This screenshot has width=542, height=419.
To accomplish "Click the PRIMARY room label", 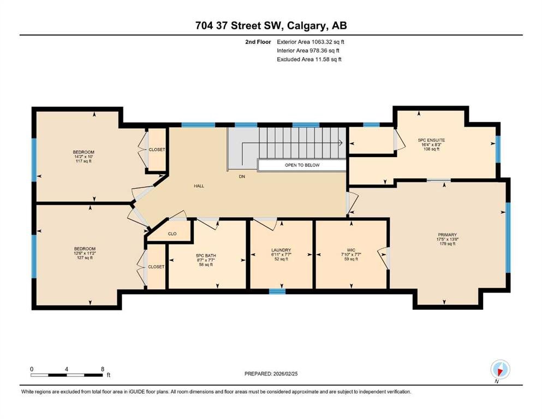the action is click(x=447, y=235).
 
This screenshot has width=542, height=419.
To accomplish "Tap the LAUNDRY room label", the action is click(x=281, y=250).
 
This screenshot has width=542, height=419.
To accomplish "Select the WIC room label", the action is click(x=351, y=250).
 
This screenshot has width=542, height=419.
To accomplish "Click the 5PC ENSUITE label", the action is click(x=431, y=140).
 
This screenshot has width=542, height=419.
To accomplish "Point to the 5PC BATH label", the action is click(x=206, y=256).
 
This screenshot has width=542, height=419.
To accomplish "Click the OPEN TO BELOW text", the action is click(x=302, y=165).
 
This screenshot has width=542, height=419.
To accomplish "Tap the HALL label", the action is click(x=199, y=186).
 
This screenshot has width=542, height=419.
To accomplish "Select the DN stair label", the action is click(x=242, y=177).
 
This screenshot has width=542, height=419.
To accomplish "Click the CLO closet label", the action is click(x=172, y=234).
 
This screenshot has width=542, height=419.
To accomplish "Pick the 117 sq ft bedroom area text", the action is click(x=84, y=161).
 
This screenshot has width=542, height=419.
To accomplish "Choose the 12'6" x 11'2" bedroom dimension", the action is click(x=85, y=253).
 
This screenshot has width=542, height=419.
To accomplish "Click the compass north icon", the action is click(x=500, y=370).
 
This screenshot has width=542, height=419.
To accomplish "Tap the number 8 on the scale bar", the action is click(x=103, y=369).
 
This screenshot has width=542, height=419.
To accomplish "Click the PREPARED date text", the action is click(x=271, y=374).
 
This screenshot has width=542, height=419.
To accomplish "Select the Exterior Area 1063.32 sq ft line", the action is click(x=311, y=42).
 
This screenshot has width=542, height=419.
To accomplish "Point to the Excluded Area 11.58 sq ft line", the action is click(x=309, y=59).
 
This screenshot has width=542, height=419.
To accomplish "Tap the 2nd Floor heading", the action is click(x=258, y=42).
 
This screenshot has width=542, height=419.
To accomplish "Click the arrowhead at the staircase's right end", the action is click(x=341, y=142).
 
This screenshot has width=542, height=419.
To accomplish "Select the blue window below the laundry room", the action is click(x=277, y=291).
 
